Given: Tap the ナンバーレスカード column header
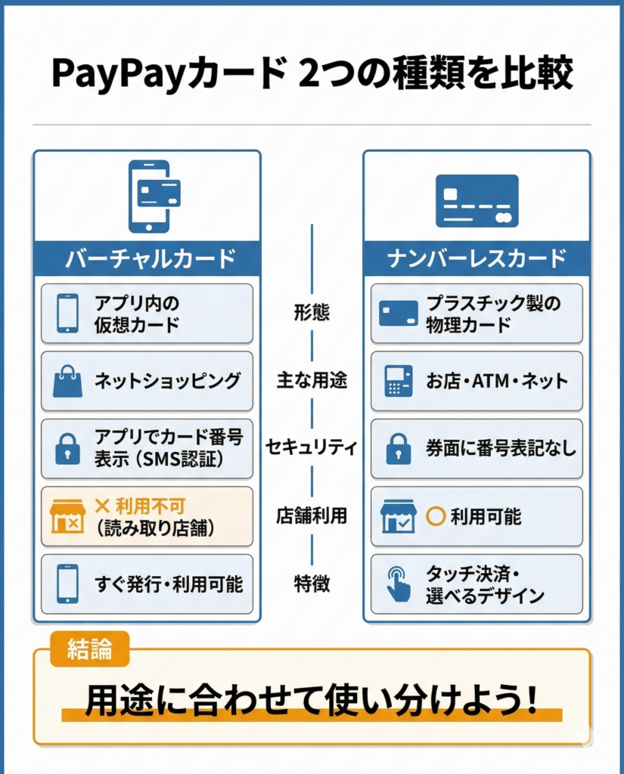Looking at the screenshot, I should [x=477, y=259].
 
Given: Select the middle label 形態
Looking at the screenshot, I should [x=312, y=313].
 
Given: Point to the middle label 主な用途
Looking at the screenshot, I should [x=312, y=380].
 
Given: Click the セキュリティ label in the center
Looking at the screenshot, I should [x=312, y=447].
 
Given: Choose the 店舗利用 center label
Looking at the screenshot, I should [x=312, y=515].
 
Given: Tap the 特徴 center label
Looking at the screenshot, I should [x=312, y=584].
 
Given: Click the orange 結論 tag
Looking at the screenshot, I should [x=89, y=649].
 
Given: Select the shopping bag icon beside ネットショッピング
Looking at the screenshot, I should [x=67, y=381].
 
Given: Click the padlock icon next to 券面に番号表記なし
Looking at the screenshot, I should [x=398, y=448].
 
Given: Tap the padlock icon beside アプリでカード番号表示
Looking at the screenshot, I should [x=67, y=448].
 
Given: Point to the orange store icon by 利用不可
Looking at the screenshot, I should [x=67, y=516].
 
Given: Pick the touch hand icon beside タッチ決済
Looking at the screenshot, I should [x=398, y=584].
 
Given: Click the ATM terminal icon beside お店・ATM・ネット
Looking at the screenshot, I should [x=398, y=381].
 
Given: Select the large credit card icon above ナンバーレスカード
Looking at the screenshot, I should [x=477, y=200].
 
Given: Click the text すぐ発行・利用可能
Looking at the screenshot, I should [x=169, y=584].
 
